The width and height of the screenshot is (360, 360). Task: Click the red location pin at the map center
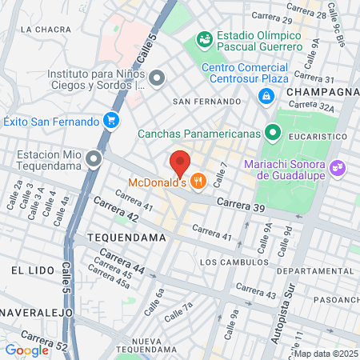[x=180, y=162]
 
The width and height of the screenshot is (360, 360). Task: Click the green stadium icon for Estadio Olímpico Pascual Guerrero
[x=205, y=38]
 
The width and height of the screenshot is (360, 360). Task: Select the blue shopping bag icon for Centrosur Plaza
[x=265, y=96]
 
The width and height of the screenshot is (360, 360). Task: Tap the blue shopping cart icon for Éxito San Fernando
[x=112, y=122]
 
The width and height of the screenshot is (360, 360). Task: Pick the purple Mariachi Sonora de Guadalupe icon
[x=338, y=168]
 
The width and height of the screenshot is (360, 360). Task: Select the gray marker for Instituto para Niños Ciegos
[x=157, y=78]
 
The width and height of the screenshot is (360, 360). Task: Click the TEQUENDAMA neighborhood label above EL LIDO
[x=126, y=238]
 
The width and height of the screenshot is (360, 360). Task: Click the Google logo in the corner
[x=26, y=349]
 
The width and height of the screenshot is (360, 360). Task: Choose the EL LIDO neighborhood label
[x=31, y=271]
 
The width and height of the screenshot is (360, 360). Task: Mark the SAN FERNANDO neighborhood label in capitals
[x=206, y=102]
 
